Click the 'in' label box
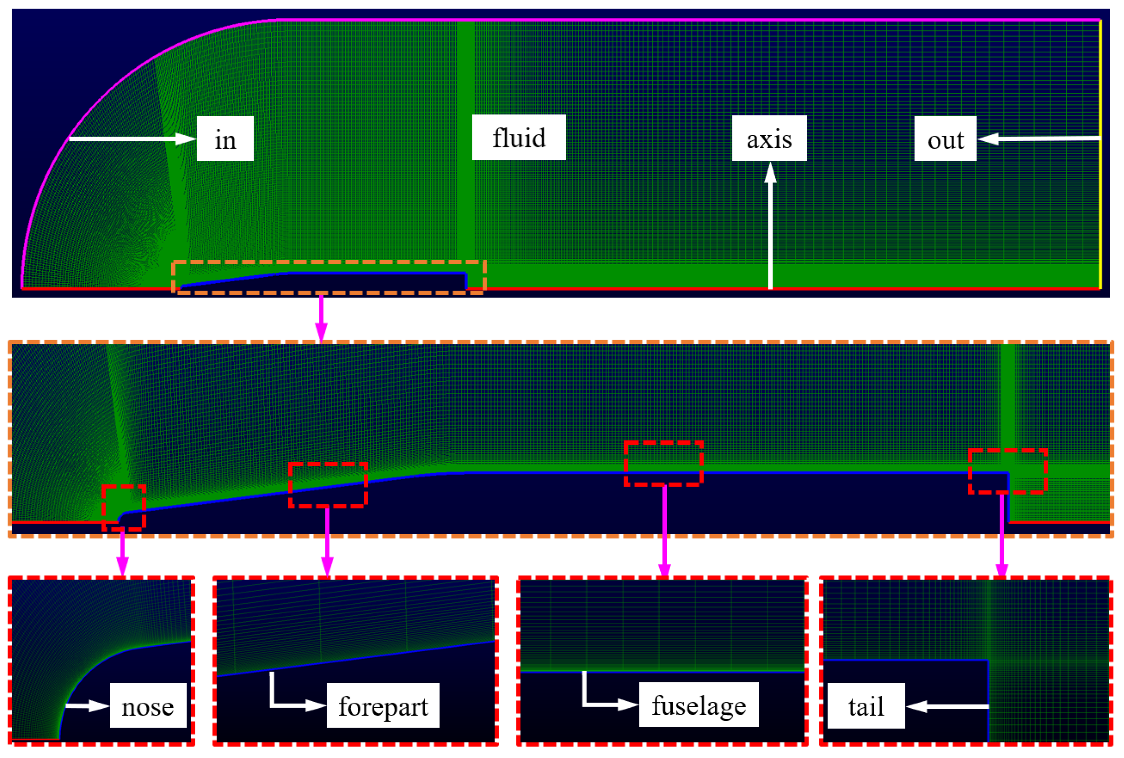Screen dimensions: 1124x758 point(225,139)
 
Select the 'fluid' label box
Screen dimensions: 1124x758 point(519,137)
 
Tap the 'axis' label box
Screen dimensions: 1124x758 point(769,138)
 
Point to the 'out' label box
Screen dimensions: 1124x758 point(945,139)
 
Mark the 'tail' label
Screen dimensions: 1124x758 point(866,706)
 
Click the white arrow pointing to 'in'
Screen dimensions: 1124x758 point(131,139)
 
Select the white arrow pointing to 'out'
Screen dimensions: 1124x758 point(1039,139)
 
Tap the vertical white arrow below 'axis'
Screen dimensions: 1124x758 point(770,227)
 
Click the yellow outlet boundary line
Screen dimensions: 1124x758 point(1101,155)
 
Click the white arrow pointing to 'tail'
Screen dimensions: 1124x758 point(948,706)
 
